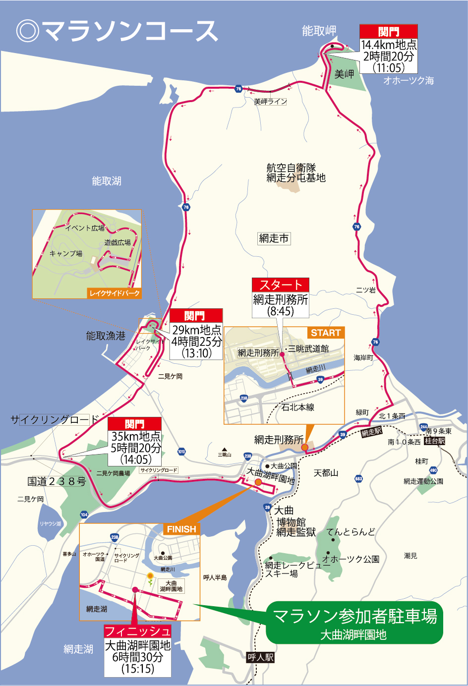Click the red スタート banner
pyautogui.click(x=281, y=285)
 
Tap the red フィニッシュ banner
pyautogui.click(x=137, y=631)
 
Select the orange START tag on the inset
pyautogui.click(x=326, y=333)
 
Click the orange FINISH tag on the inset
pyautogui.click(x=181, y=529)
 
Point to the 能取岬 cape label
pyautogui.click(x=319, y=31)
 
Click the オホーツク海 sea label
pyautogui.click(x=409, y=80)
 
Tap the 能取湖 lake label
pyautogui.click(x=107, y=181)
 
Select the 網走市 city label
pyautogui.click(x=274, y=238)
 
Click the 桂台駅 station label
pyautogui.click(x=435, y=441)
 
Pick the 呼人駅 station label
pyautogui.click(x=261, y=658)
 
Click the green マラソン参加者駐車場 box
pyautogui.click(x=354, y=623)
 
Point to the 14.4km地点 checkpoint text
pyautogui.click(x=389, y=45)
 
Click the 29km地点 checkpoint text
pyautogui.click(x=196, y=330)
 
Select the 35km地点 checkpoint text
pyautogui.click(x=135, y=436)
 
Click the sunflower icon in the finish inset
pyautogui.click(x=150, y=576)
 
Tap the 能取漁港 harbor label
pyautogui.click(x=106, y=336)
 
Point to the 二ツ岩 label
pyautogui.click(x=366, y=290)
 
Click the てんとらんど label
pyautogui.click(x=351, y=532)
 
